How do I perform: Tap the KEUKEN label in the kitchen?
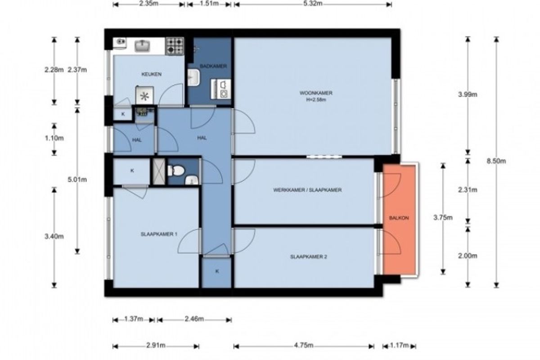[151, 74]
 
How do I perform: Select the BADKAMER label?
[213, 66]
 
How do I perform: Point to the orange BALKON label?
[399, 218]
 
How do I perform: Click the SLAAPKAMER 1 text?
[159, 234]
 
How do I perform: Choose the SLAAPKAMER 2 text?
[309, 257]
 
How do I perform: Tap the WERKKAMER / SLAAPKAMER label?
[307, 190]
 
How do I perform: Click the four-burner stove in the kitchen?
[175, 46]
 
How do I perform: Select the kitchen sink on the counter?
[142, 46]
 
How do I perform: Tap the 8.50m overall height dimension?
[496, 161]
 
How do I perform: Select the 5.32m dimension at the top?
[313, 4]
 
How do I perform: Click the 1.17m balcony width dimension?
[399, 345]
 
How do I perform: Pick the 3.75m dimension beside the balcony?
[443, 217]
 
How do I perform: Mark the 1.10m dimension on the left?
[54, 138]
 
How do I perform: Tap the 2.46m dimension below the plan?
[194, 319]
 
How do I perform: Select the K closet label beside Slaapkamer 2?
[217, 271]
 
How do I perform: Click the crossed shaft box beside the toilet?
[159, 171]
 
